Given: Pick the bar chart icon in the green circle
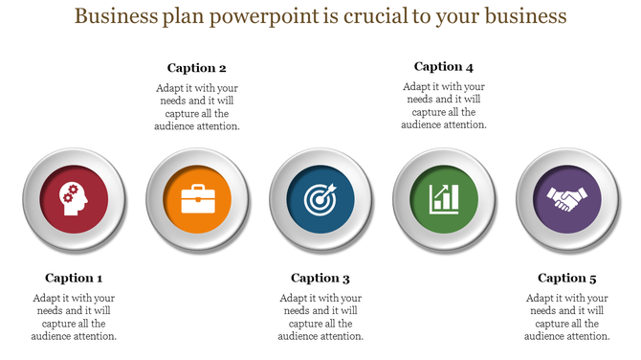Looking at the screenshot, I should click(x=444, y=198).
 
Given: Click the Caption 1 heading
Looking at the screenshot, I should click(x=74, y=278).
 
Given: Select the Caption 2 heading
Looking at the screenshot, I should click(x=197, y=68).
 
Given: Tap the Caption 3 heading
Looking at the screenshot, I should click(x=320, y=278).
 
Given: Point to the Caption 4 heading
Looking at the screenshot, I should click(x=444, y=67).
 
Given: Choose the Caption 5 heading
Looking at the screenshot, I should click(x=567, y=278).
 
